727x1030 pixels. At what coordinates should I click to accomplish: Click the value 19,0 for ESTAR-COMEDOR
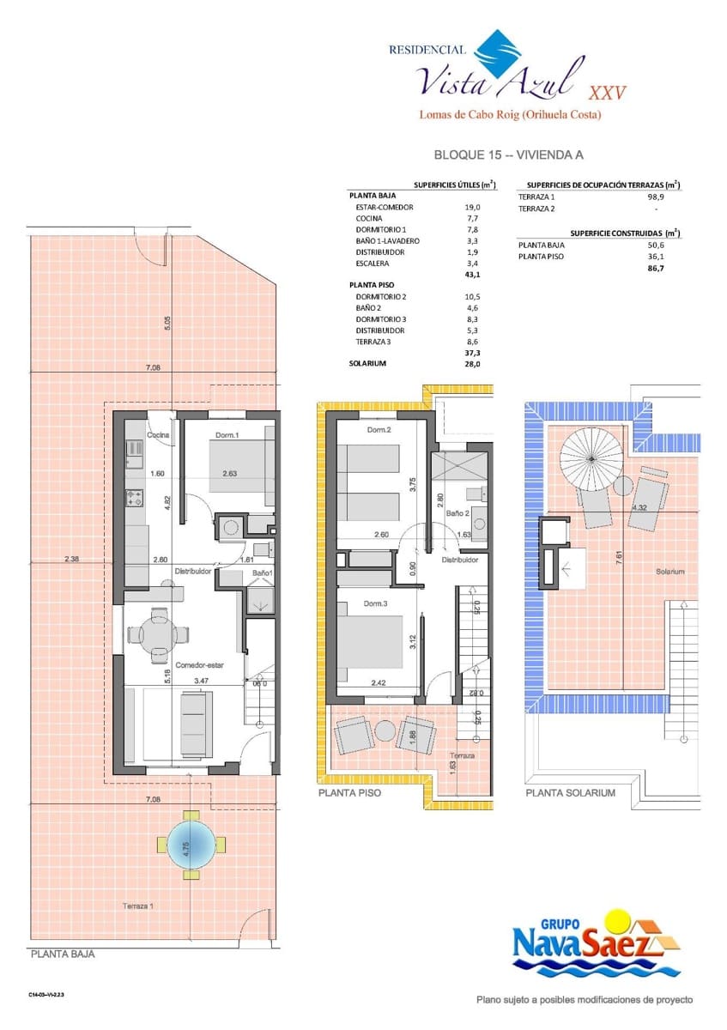(472, 208)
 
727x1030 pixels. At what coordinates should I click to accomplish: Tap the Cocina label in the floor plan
(157, 435)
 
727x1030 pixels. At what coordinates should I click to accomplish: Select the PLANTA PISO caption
(349, 793)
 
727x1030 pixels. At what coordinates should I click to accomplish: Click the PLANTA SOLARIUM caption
(570, 793)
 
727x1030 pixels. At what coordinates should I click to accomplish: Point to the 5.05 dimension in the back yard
(168, 323)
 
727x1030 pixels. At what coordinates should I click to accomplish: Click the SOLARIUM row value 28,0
(471, 364)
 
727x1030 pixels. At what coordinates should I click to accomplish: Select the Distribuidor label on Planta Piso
(459, 560)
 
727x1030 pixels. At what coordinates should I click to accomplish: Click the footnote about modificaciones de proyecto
(585, 1000)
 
